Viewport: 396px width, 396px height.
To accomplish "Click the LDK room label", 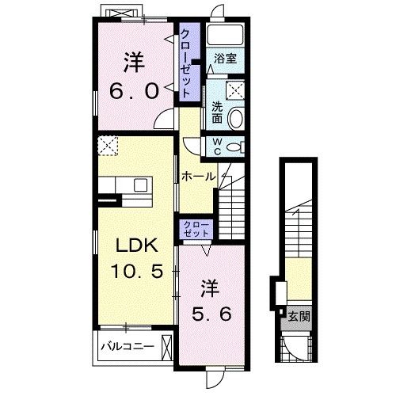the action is (x=137, y=246).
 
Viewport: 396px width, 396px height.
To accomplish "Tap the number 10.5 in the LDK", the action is (x=137, y=271).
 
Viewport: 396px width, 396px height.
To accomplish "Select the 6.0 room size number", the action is (x=134, y=91).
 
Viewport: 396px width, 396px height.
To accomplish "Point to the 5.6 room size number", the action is (x=211, y=314).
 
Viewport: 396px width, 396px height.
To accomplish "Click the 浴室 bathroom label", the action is (x=225, y=58).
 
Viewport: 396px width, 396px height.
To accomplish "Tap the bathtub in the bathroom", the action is (x=225, y=35).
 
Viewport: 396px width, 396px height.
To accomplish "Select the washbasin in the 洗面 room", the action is (x=235, y=118).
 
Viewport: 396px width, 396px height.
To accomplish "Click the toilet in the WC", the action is (x=235, y=147).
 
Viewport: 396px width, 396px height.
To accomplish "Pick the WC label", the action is (x=217, y=147).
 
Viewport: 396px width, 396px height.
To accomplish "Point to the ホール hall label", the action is (x=199, y=176).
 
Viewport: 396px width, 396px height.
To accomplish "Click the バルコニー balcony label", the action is (x=128, y=346).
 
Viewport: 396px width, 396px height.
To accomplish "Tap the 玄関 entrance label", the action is (x=299, y=316).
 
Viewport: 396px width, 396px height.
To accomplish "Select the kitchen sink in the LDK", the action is (x=140, y=186).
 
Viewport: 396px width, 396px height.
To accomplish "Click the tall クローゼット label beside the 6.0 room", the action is (x=186, y=63).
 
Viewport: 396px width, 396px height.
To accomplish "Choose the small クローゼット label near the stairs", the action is (x=196, y=229).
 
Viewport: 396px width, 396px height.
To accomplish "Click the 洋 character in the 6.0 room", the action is (x=134, y=63).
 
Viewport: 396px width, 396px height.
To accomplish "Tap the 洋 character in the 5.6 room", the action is (x=211, y=289).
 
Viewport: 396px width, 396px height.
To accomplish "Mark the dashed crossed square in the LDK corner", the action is (x=108, y=146).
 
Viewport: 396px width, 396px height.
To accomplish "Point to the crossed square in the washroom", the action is (x=235, y=90).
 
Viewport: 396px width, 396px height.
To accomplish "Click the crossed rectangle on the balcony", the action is (x=166, y=347).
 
